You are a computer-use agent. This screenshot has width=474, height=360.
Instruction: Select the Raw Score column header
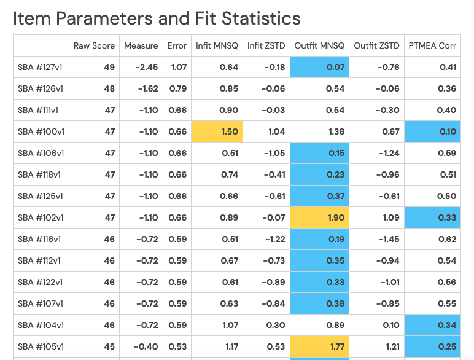point(94,45)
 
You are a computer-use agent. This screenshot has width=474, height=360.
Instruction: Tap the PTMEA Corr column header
point(432,45)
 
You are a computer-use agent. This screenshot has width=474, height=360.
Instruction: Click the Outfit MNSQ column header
point(319,45)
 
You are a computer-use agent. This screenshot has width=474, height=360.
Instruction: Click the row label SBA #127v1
point(41,67)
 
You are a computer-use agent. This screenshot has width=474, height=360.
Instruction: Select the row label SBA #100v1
point(41,131)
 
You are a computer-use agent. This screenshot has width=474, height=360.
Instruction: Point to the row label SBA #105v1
point(41,346)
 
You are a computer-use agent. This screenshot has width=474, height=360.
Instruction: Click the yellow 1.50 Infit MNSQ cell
point(217,131)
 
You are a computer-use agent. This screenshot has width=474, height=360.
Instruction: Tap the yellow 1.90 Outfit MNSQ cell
point(319,217)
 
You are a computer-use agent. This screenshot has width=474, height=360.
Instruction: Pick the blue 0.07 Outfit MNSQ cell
point(319,67)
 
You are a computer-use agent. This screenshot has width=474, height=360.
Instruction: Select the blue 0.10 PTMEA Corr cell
point(432,131)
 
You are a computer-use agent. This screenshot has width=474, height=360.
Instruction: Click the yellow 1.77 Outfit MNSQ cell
point(319,346)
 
